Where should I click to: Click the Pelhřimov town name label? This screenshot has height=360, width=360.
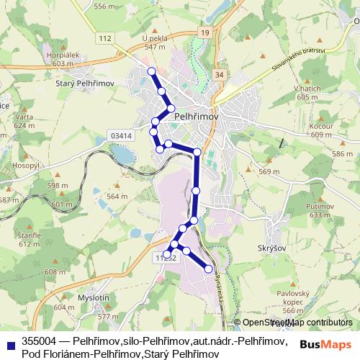pyautogui.click(x=197, y=113)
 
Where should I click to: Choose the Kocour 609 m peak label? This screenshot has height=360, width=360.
pyautogui.click(x=322, y=130)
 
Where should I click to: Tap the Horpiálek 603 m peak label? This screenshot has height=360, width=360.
pyautogui.click(x=60, y=59)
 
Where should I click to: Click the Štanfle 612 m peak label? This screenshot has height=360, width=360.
pyautogui.click(x=30, y=239)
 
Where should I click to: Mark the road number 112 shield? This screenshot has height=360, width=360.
pyautogui.click(x=106, y=38)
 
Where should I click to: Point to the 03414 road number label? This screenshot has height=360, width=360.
pyautogui.click(x=122, y=135)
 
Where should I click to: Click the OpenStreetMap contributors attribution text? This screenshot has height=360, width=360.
pyautogui.click(x=298, y=323)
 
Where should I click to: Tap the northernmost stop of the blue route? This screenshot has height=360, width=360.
pyautogui.click(x=151, y=71)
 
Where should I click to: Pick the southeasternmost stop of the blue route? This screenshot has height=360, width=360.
pyautogui.click(x=209, y=269)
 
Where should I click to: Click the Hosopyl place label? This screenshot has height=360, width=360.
pyautogui.click(x=24, y=165)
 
